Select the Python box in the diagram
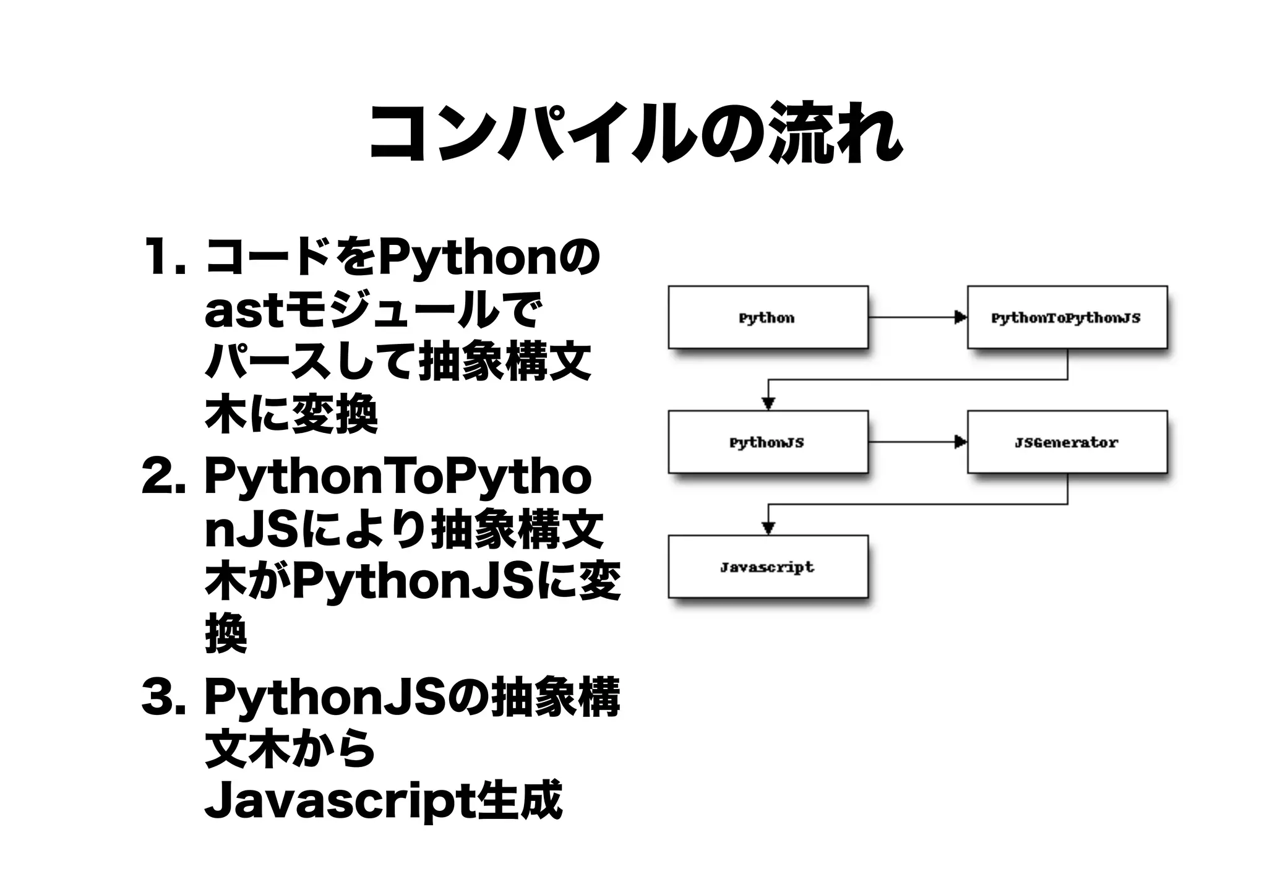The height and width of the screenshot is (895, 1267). click(x=767, y=317)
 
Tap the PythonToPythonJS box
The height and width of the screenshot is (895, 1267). click(x=1067, y=317)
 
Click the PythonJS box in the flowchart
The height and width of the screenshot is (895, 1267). click(x=767, y=442)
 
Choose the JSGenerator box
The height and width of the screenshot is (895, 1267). click(x=1067, y=442)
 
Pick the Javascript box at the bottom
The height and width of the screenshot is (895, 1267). click(x=767, y=567)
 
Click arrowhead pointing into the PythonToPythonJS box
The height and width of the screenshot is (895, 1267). click(x=960, y=317)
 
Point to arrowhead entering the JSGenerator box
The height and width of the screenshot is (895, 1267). click(x=960, y=442)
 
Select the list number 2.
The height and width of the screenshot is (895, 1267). click(x=162, y=477)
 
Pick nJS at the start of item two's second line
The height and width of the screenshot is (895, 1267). click(x=254, y=531)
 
